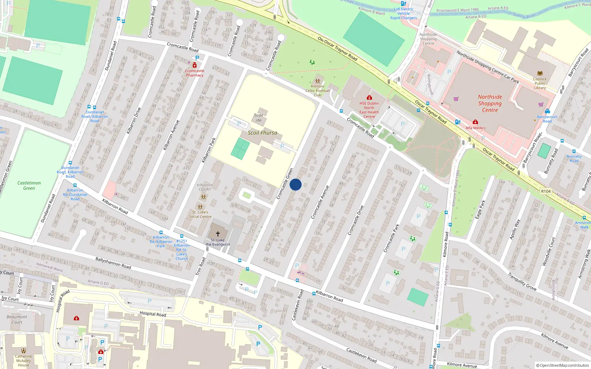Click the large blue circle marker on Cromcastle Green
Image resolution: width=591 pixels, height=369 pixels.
(295, 184)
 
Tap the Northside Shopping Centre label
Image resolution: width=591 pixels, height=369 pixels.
(490, 103)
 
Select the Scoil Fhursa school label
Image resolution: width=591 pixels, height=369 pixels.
(262, 133)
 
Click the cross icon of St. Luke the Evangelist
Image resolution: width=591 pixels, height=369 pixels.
(218, 234)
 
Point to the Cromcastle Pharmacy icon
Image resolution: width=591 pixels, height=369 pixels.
(195, 65)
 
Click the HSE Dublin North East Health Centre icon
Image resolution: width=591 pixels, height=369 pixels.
(369, 98)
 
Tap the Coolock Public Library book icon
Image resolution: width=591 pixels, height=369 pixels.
(540, 73)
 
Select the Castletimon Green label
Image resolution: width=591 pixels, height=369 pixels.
(29, 185)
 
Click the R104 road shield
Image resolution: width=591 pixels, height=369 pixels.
(546, 191)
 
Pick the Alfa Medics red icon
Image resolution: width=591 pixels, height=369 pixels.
(475, 122)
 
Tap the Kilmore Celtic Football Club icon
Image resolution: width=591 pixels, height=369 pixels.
(317, 81)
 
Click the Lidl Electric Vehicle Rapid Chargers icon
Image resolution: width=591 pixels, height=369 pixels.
(403, 3)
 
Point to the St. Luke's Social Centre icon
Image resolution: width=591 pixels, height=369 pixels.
(200, 207)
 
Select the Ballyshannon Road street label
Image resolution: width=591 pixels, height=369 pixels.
(113, 263)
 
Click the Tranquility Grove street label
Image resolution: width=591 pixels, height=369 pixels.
(522, 282)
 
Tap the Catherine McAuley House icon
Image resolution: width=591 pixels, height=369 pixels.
(24, 351)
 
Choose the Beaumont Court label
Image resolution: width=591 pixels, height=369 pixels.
(17, 319)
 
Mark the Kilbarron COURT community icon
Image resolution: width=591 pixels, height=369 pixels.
(203, 197)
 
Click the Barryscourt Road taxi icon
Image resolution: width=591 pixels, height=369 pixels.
(547, 111)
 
